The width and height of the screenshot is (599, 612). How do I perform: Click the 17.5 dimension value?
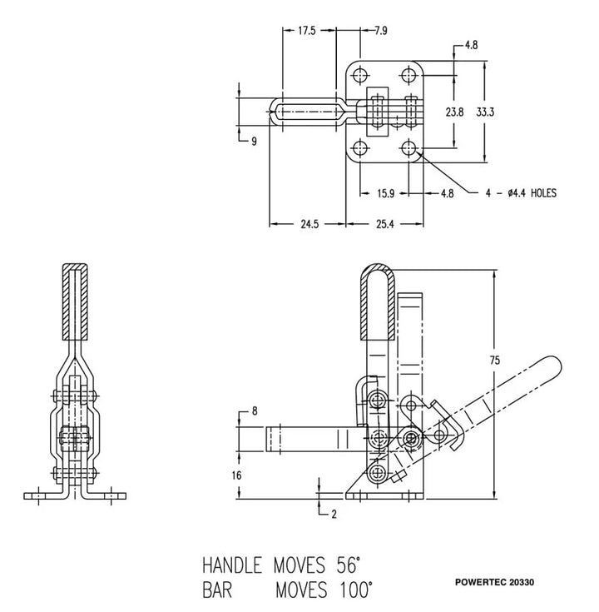coord(306,31)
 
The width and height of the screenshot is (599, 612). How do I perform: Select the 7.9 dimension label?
coord(380,31)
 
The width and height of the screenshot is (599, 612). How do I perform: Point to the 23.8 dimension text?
coord(454,111)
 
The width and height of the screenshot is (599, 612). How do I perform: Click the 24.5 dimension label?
coord(308,224)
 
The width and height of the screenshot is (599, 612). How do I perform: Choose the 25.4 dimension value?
coord(385,224)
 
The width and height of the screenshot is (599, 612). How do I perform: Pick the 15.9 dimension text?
coord(385,193)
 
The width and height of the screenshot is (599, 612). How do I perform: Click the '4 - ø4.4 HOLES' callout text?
coord(521,193)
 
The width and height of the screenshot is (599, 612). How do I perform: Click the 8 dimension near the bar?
coord(255,411)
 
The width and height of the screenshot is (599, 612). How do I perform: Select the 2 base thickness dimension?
coord(333,514)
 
